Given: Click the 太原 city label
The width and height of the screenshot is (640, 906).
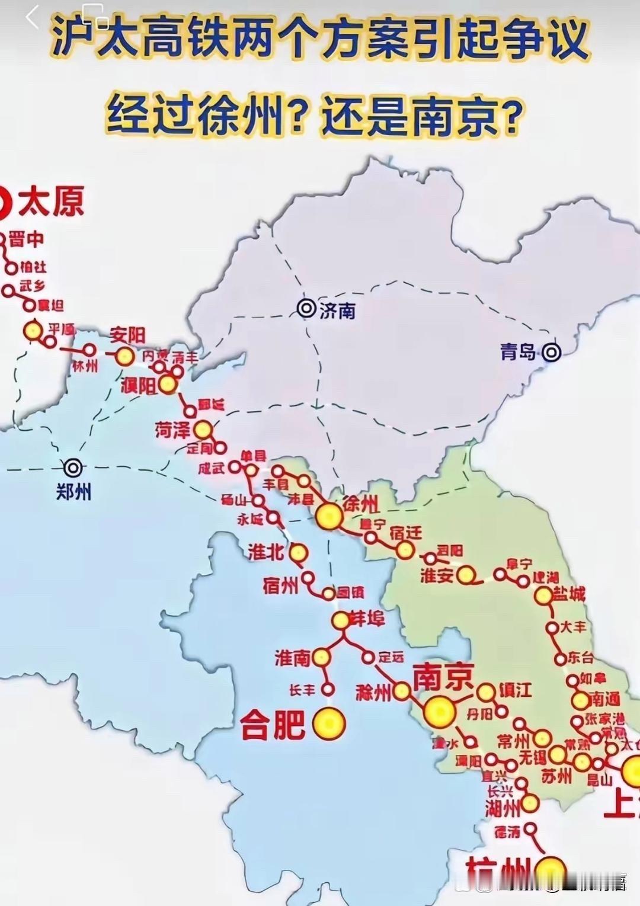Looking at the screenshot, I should (x=51, y=202).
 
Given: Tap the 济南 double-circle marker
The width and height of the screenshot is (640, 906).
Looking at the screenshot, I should (x=307, y=308).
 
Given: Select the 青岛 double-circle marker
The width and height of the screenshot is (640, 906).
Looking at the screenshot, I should (x=552, y=353).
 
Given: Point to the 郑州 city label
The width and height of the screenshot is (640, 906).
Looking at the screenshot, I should (x=73, y=492).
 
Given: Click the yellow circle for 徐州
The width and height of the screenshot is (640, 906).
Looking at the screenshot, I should (x=329, y=516).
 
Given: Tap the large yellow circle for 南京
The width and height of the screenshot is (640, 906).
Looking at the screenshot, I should (x=440, y=711).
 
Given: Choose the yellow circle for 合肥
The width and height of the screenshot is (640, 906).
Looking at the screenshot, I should (x=329, y=723).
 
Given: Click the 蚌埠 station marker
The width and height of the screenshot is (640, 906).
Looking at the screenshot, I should (x=341, y=620).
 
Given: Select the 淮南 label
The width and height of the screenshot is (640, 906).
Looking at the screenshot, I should (x=293, y=658).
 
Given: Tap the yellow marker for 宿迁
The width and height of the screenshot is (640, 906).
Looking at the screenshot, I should (x=405, y=550).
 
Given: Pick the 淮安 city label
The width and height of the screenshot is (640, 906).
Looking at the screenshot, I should (x=437, y=575).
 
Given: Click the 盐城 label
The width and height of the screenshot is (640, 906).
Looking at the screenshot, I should (x=568, y=593).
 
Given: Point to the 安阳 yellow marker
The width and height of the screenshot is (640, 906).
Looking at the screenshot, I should (x=124, y=356).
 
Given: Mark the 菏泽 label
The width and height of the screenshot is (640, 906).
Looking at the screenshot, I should (x=172, y=430).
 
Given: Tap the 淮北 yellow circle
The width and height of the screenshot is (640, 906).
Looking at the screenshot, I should (x=299, y=553).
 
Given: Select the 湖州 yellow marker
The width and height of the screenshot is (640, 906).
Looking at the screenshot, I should (x=529, y=803).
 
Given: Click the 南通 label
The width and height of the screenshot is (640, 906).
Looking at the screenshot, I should (x=604, y=700).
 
